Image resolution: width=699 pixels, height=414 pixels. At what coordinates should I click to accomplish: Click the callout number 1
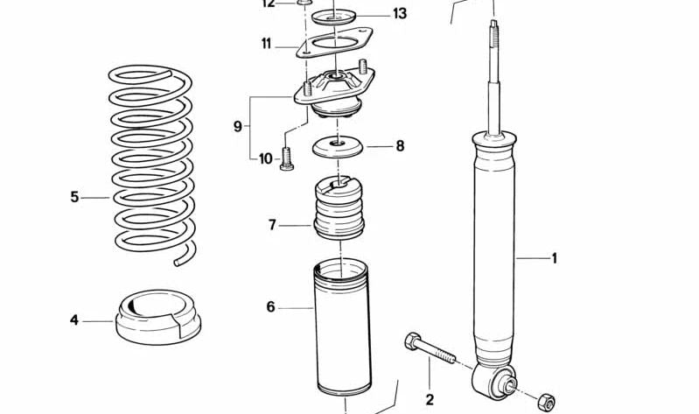[554, 258]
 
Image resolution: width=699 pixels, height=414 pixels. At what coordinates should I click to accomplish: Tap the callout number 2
[430, 400]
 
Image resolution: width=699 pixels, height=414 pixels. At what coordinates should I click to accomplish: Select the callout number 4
[74, 321]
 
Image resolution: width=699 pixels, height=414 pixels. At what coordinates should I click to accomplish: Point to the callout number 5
[74, 198]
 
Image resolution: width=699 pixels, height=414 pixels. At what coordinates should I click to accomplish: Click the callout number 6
[271, 307]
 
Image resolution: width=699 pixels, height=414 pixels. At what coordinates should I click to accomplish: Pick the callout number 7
[273, 226]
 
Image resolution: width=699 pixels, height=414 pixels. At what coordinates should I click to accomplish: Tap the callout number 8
[400, 146]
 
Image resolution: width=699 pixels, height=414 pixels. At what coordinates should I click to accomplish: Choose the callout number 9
[237, 127]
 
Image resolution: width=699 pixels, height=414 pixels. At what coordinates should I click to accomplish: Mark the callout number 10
[266, 158]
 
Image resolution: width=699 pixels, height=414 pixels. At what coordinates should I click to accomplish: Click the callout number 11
[266, 43]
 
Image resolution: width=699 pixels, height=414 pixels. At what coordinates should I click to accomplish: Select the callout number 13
[399, 14]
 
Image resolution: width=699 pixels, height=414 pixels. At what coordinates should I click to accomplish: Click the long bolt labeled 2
[428, 350]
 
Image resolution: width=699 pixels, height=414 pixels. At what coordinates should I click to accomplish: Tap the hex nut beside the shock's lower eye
[546, 399]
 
